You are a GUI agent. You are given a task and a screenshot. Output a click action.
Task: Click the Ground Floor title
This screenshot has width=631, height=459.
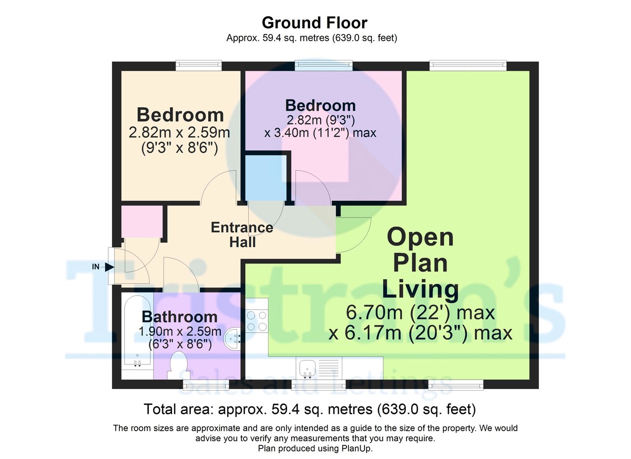314,23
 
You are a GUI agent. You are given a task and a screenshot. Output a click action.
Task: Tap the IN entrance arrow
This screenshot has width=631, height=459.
109,267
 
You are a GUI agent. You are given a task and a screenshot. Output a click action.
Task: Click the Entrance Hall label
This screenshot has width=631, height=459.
242,234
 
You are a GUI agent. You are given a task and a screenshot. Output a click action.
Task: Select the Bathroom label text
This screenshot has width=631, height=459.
179,317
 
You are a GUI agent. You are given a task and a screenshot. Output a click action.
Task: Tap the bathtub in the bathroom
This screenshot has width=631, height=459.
137,334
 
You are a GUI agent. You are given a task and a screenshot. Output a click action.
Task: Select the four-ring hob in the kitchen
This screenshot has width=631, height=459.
256,321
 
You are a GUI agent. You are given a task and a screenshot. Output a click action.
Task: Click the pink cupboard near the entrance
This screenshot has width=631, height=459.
141,221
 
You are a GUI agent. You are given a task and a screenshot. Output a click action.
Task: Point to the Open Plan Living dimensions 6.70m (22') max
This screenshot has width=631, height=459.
420,313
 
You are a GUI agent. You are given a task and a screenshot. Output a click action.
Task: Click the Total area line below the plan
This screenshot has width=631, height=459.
310,409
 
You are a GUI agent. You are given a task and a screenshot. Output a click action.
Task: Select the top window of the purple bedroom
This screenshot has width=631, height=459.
323,65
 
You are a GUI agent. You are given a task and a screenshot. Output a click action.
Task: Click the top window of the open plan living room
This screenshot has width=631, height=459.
467,65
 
